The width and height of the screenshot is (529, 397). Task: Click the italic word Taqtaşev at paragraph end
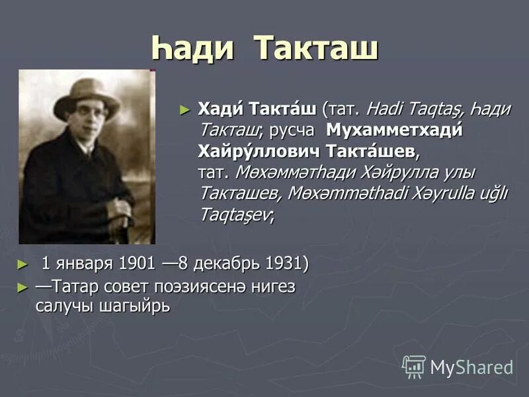click(x=235, y=215)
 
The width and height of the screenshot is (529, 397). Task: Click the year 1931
click(x=284, y=263)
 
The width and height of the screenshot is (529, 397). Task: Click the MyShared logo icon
click(x=414, y=366)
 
